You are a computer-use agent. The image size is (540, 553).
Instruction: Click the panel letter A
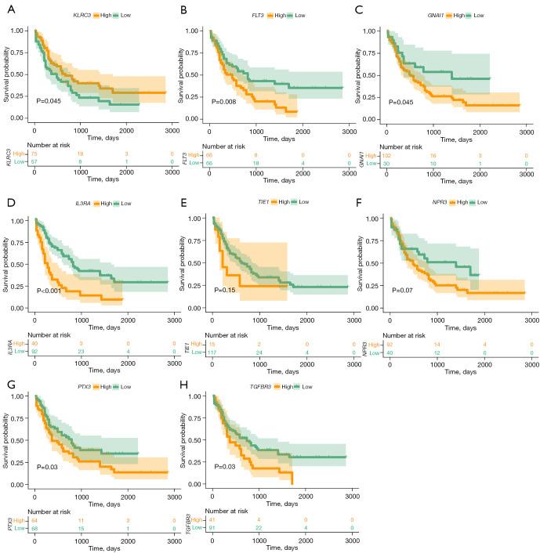[x=7, y=10]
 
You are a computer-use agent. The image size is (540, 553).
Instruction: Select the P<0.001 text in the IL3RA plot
[x=49, y=289]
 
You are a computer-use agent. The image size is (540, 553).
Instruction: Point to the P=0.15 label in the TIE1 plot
[x=225, y=289]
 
